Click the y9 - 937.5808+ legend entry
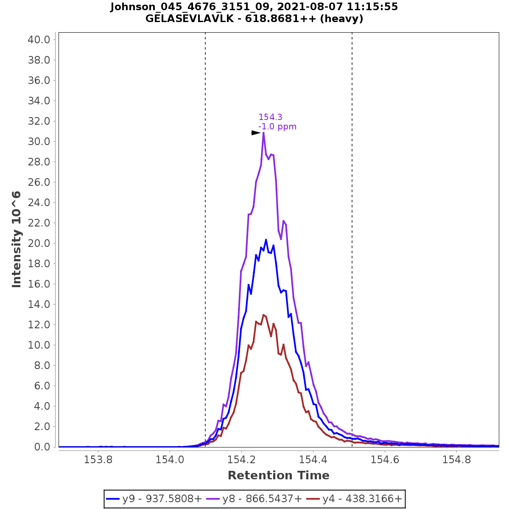(x=154, y=499)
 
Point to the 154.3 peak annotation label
(x=270, y=117)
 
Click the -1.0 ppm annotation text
(x=277, y=126)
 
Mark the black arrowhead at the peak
(x=256, y=133)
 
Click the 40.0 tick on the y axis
(x=39, y=40)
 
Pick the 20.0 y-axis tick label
(x=39, y=243)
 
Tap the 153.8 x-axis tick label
(x=98, y=460)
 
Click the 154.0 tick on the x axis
(x=170, y=460)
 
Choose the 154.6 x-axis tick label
(x=384, y=460)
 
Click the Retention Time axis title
(x=278, y=475)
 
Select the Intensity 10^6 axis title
(x=17, y=239)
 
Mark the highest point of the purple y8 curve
(x=263, y=133)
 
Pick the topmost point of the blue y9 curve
(x=266, y=240)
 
